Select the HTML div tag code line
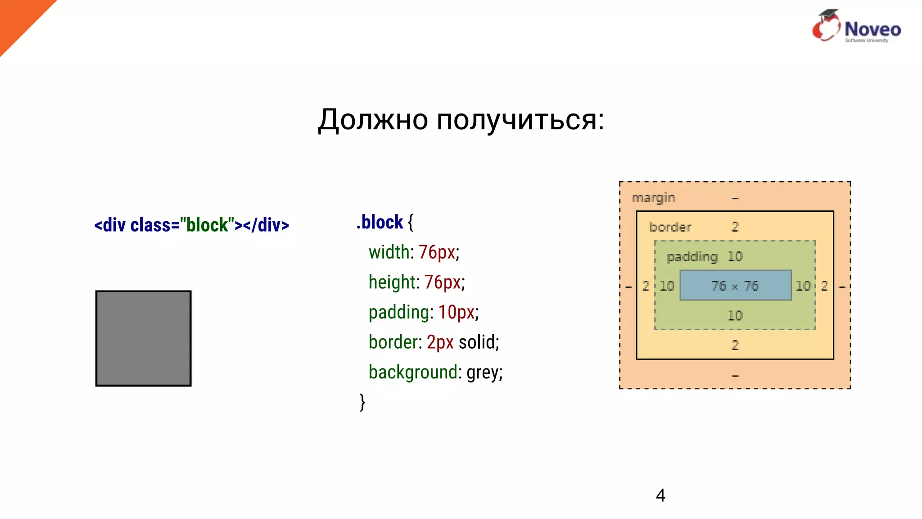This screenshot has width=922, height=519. (x=191, y=225)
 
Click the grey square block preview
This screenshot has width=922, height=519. (x=143, y=338)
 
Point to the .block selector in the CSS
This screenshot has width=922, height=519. (x=380, y=222)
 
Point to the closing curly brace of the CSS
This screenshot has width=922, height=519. (x=362, y=402)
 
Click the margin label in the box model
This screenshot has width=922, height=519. (x=653, y=198)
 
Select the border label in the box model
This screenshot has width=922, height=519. (x=670, y=227)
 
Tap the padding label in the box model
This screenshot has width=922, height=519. (x=692, y=257)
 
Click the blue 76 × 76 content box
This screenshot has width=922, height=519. (x=735, y=286)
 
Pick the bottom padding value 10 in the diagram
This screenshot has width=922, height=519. (x=735, y=315)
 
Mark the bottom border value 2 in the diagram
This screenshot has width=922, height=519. (x=735, y=345)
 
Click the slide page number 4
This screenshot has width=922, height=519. (x=660, y=496)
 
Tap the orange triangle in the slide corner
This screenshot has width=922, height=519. (x=18, y=18)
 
